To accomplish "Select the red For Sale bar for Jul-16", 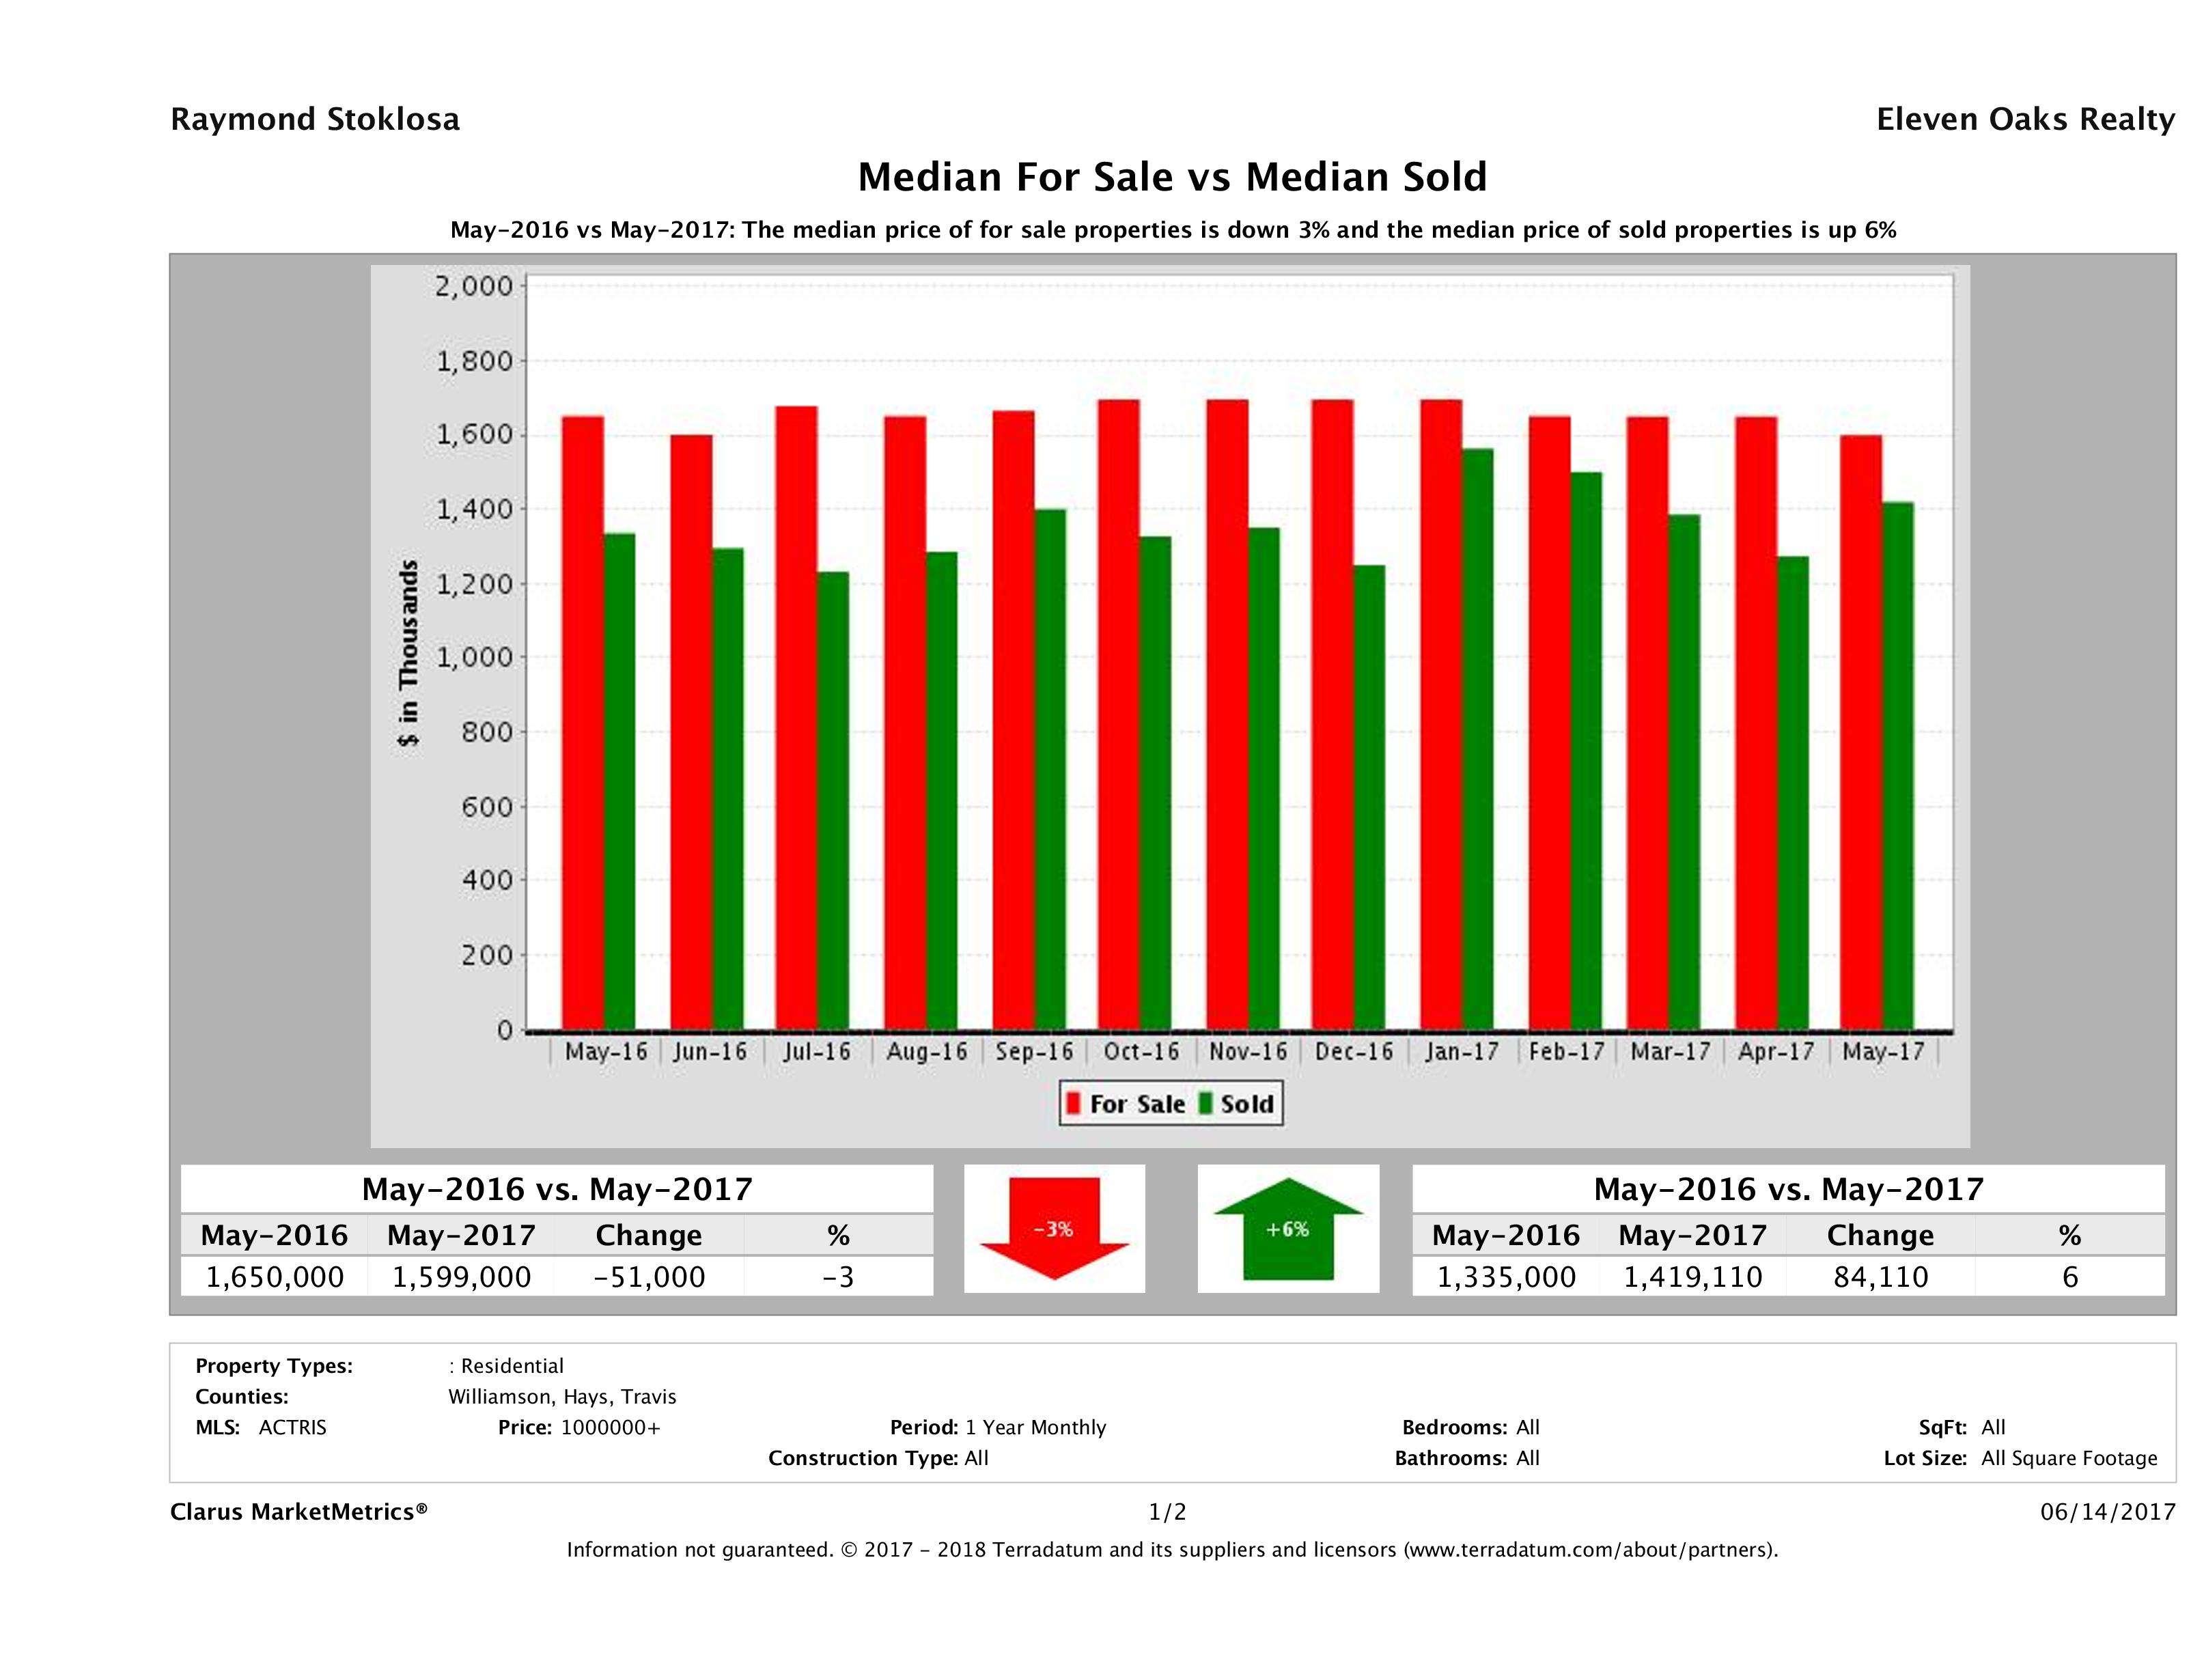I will pyautogui.click(x=797, y=717).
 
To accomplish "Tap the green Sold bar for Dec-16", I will pyautogui.click(x=1369, y=797).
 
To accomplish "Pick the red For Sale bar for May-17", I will pyautogui.click(x=1861, y=732).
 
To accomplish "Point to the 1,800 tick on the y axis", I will pyautogui.click(x=473, y=361).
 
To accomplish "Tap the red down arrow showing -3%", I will pyautogui.click(x=1054, y=1229).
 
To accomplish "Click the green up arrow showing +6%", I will pyautogui.click(x=1287, y=1229).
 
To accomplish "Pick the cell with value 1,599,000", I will pyautogui.click(x=461, y=1277).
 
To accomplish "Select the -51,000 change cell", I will pyautogui.click(x=649, y=1277).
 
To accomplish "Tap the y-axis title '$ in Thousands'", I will pyautogui.click(x=408, y=653).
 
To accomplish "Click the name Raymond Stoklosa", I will pyautogui.click(x=315, y=120).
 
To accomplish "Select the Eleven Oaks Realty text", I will pyautogui.click(x=2024, y=120).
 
